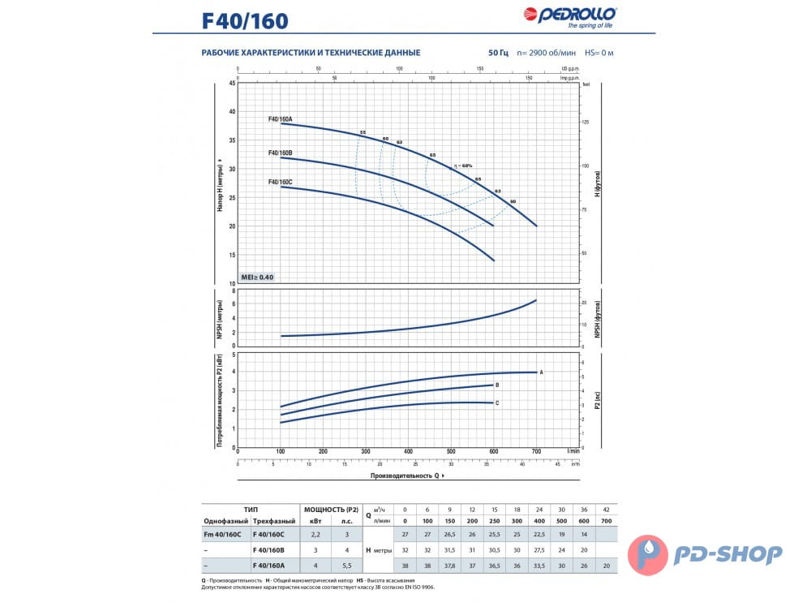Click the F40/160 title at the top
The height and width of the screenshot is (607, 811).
coord(245,20)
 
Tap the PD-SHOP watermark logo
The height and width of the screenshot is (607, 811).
coord(714,554)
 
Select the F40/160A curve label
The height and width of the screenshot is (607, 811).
coord(281,119)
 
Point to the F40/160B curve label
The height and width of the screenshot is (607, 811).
coord(281,153)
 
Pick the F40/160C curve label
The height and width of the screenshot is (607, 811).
coord(281,182)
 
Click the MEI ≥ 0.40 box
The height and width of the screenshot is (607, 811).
coord(258,278)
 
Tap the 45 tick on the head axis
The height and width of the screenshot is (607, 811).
coord(232,83)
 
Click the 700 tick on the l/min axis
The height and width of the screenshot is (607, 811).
coord(536,451)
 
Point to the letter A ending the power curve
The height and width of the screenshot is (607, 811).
coord(541,372)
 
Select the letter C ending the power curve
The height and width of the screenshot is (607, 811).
coord(497,403)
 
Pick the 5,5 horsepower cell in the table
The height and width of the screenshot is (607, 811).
coord(348,565)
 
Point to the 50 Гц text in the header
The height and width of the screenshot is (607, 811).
coord(498,53)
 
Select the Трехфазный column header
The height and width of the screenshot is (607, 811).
coord(274,520)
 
